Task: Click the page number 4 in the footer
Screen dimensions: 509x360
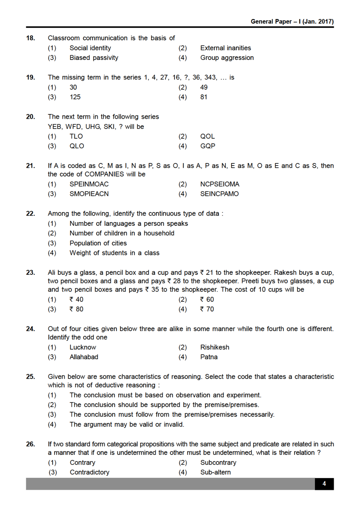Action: tap(324, 484)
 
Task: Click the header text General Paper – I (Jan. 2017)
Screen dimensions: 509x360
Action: tap(292, 21)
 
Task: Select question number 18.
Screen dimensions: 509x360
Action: tap(30, 38)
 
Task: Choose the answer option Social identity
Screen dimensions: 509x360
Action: tap(90, 48)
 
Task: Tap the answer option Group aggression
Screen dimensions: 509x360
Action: tap(227, 58)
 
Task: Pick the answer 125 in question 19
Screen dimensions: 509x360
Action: tap(75, 97)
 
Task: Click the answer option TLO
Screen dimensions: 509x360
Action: tap(76, 136)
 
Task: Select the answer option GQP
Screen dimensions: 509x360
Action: tap(208, 146)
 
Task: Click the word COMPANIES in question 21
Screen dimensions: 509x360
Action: tap(104, 174)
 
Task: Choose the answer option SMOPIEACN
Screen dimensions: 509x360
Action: tap(89, 194)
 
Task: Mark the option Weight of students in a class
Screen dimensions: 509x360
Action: tap(114, 253)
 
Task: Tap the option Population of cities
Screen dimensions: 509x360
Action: tap(98, 243)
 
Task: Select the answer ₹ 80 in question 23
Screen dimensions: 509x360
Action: tap(77, 309)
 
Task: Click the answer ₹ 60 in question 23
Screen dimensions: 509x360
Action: tap(207, 299)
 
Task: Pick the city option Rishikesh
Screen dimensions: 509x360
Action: tap(214, 347)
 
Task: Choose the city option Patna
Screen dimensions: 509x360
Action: tap(209, 357)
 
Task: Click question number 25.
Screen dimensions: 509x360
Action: tap(30, 376)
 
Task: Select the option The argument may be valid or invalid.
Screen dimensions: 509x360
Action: tap(127, 424)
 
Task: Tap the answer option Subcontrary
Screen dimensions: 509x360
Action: tap(218, 463)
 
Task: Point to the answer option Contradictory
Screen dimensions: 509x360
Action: tap(89, 472)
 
